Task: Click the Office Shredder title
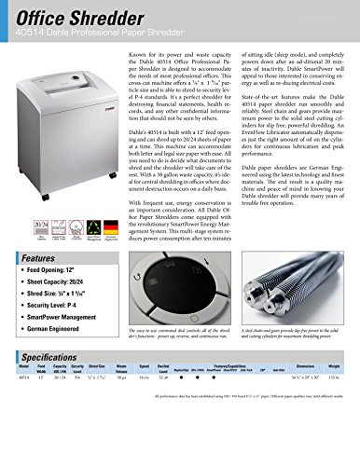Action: [x=79, y=16]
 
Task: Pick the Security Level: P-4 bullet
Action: [x=68, y=328]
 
